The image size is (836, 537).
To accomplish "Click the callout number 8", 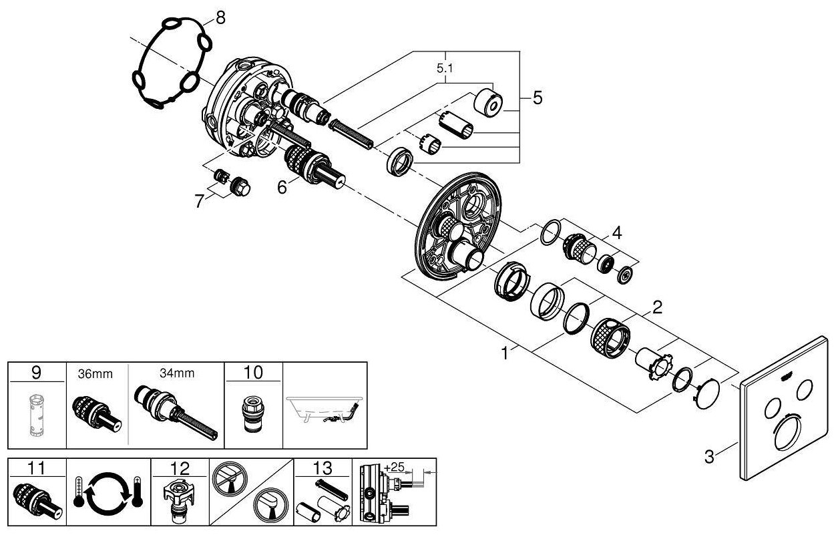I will (x=220, y=18).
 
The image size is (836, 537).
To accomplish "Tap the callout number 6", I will (x=282, y=188).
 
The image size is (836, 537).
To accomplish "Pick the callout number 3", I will (x=709, y=457).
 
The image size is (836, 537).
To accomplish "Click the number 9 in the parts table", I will (x=37, y=373).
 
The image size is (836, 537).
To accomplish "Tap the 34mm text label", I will (x=177, y=373).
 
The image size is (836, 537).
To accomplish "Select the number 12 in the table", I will (x=180, y=468).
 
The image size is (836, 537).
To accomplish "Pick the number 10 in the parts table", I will (x=254, y=373).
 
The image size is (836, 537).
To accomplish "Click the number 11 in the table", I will (x=37, y=468).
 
